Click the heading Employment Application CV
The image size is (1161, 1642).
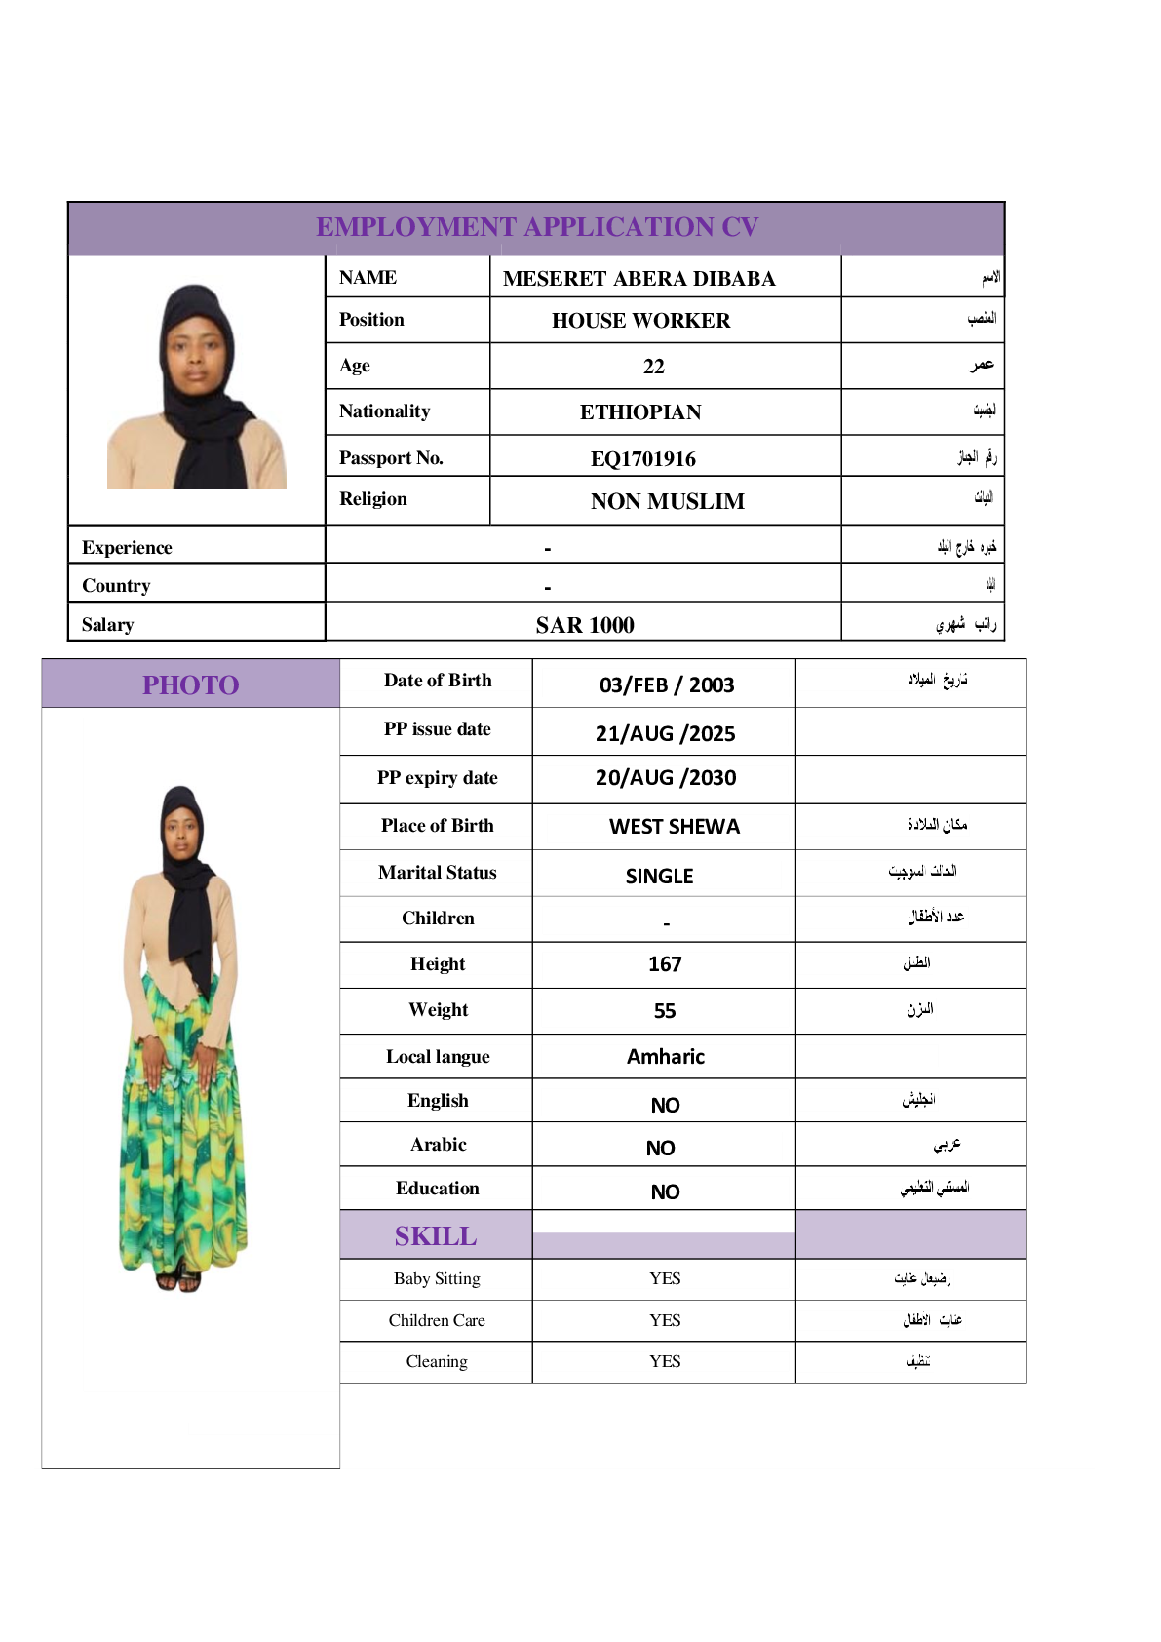[x=536, y=227]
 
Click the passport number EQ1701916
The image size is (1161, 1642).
[x=642, y=458]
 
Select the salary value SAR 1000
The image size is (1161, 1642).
[x=584, y=625]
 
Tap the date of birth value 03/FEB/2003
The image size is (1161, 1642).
[x=666, y=684]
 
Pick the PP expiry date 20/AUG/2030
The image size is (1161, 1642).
[x=665, y=778]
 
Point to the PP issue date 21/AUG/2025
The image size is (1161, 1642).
[x=665, y=733]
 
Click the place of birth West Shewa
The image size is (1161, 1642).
[x=674, y=827]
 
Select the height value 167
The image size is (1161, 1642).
[x=665, y=964]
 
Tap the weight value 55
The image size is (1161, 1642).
[x=665, y=1011]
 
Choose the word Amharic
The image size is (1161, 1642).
[x=665, y=1057]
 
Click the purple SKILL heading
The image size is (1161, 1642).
[x=436, y=1236]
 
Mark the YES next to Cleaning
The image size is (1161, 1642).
[x=665, y=1361]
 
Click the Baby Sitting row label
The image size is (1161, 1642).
[x=437, y=1278]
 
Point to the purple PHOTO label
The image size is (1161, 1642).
[x=190, y=684]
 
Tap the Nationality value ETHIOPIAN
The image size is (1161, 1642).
[x=640, y=412]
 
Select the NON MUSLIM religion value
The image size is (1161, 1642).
[x=667, y=501]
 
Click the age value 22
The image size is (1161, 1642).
[x=653, y=367]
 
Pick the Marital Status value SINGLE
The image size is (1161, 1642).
[x=659, y=876]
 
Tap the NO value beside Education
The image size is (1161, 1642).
[x=665, y=1192]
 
